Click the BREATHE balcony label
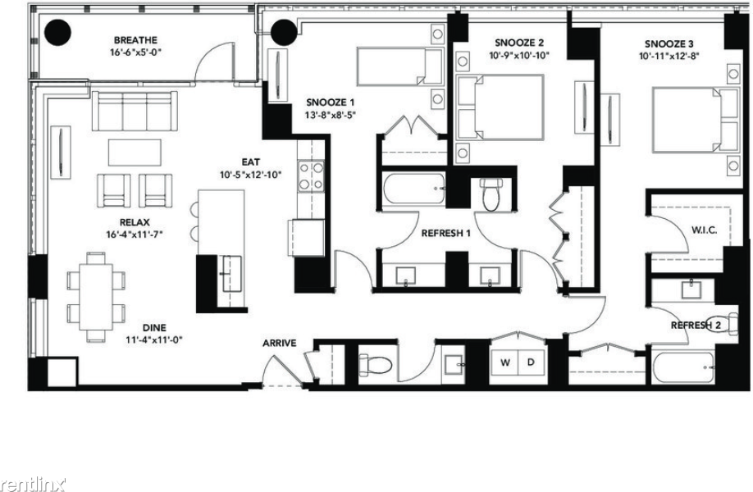click(x=135, y=40)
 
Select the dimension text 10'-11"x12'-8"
click(x=669, y=56)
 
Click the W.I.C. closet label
click(x=704, y=230)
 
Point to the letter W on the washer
click(x=504, y=363)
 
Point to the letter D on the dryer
click(x=531, y=362)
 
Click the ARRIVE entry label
click(x=279, y=344)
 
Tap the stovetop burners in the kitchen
click(x=311, y=176)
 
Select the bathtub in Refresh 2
click(x=682, y=367)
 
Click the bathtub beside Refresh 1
click(x=414, y=189)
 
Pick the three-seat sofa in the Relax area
click(x=135, y=111)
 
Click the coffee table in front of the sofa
click(x=135, y=153)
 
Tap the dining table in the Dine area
click(x=96, y=297)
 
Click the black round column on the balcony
click(x=57, y=33)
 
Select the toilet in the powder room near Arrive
click(x=376, y=365)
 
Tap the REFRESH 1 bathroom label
click(x=445, y=234)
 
